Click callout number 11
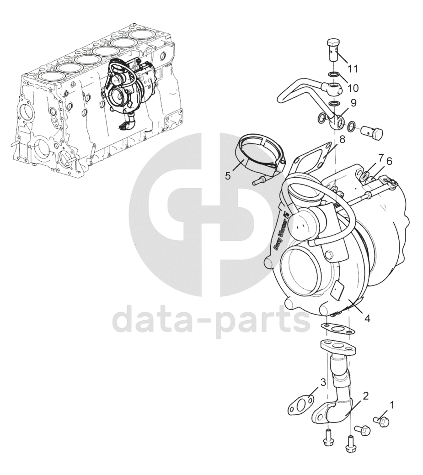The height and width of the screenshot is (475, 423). [x=353, y=69]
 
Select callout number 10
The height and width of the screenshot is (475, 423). [x=353, y=88]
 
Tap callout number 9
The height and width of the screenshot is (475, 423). [x=353, y=103]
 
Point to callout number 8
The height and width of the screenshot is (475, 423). [x=343, y=140]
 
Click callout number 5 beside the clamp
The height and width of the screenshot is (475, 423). [x=228, y=176]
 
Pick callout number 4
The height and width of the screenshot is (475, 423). [x=367, y=319]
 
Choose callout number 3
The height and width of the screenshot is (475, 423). [x=323, y=382]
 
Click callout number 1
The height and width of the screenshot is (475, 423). [x=392, y=404]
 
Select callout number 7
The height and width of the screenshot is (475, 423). [x=381, y=158]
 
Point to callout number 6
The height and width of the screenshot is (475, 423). [x=389, y=161]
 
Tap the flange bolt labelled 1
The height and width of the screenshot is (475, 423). [x=381, y=421]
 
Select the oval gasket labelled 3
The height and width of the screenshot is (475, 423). [x=300, y=407]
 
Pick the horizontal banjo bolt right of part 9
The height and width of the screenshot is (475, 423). [x=372, y=133]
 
